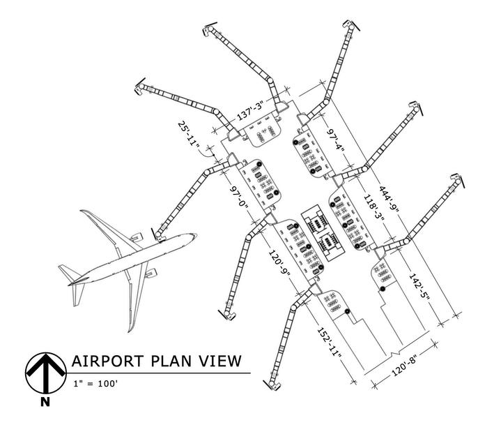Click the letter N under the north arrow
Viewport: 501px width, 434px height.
pos(45,401)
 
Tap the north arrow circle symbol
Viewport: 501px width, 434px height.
pos(45,372)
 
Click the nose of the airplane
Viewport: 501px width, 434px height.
pos(194,236)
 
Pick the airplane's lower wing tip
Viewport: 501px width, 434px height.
pos(130,329)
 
